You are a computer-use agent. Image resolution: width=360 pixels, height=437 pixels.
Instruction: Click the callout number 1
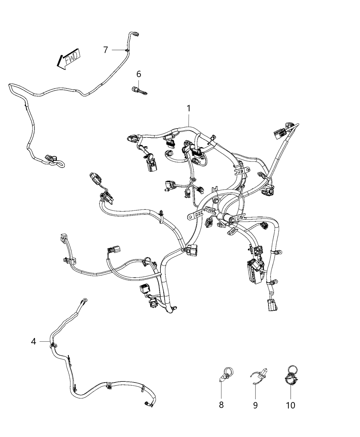point(189,108)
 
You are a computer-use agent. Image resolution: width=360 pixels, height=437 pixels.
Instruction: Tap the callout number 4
point(34,341)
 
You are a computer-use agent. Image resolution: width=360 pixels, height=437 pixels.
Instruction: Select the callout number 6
point(139,74)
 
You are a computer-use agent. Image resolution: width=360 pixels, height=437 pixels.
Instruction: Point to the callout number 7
point(106,50)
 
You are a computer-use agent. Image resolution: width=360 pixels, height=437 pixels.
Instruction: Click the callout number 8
point(221,405)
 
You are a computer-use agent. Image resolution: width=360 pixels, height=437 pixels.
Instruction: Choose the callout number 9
point(255,405)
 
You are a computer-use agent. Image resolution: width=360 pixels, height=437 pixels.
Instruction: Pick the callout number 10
point(291,405)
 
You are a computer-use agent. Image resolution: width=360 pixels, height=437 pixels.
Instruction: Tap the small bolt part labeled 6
point(139,91)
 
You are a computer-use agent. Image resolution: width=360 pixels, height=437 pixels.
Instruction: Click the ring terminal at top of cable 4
point(84,301)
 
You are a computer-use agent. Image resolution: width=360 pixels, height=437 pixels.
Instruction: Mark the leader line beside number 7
point(119,50)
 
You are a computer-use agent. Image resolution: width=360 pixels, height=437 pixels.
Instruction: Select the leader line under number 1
point(189,120)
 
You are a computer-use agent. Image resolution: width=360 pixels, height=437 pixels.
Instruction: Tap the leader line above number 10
point(291,391)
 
